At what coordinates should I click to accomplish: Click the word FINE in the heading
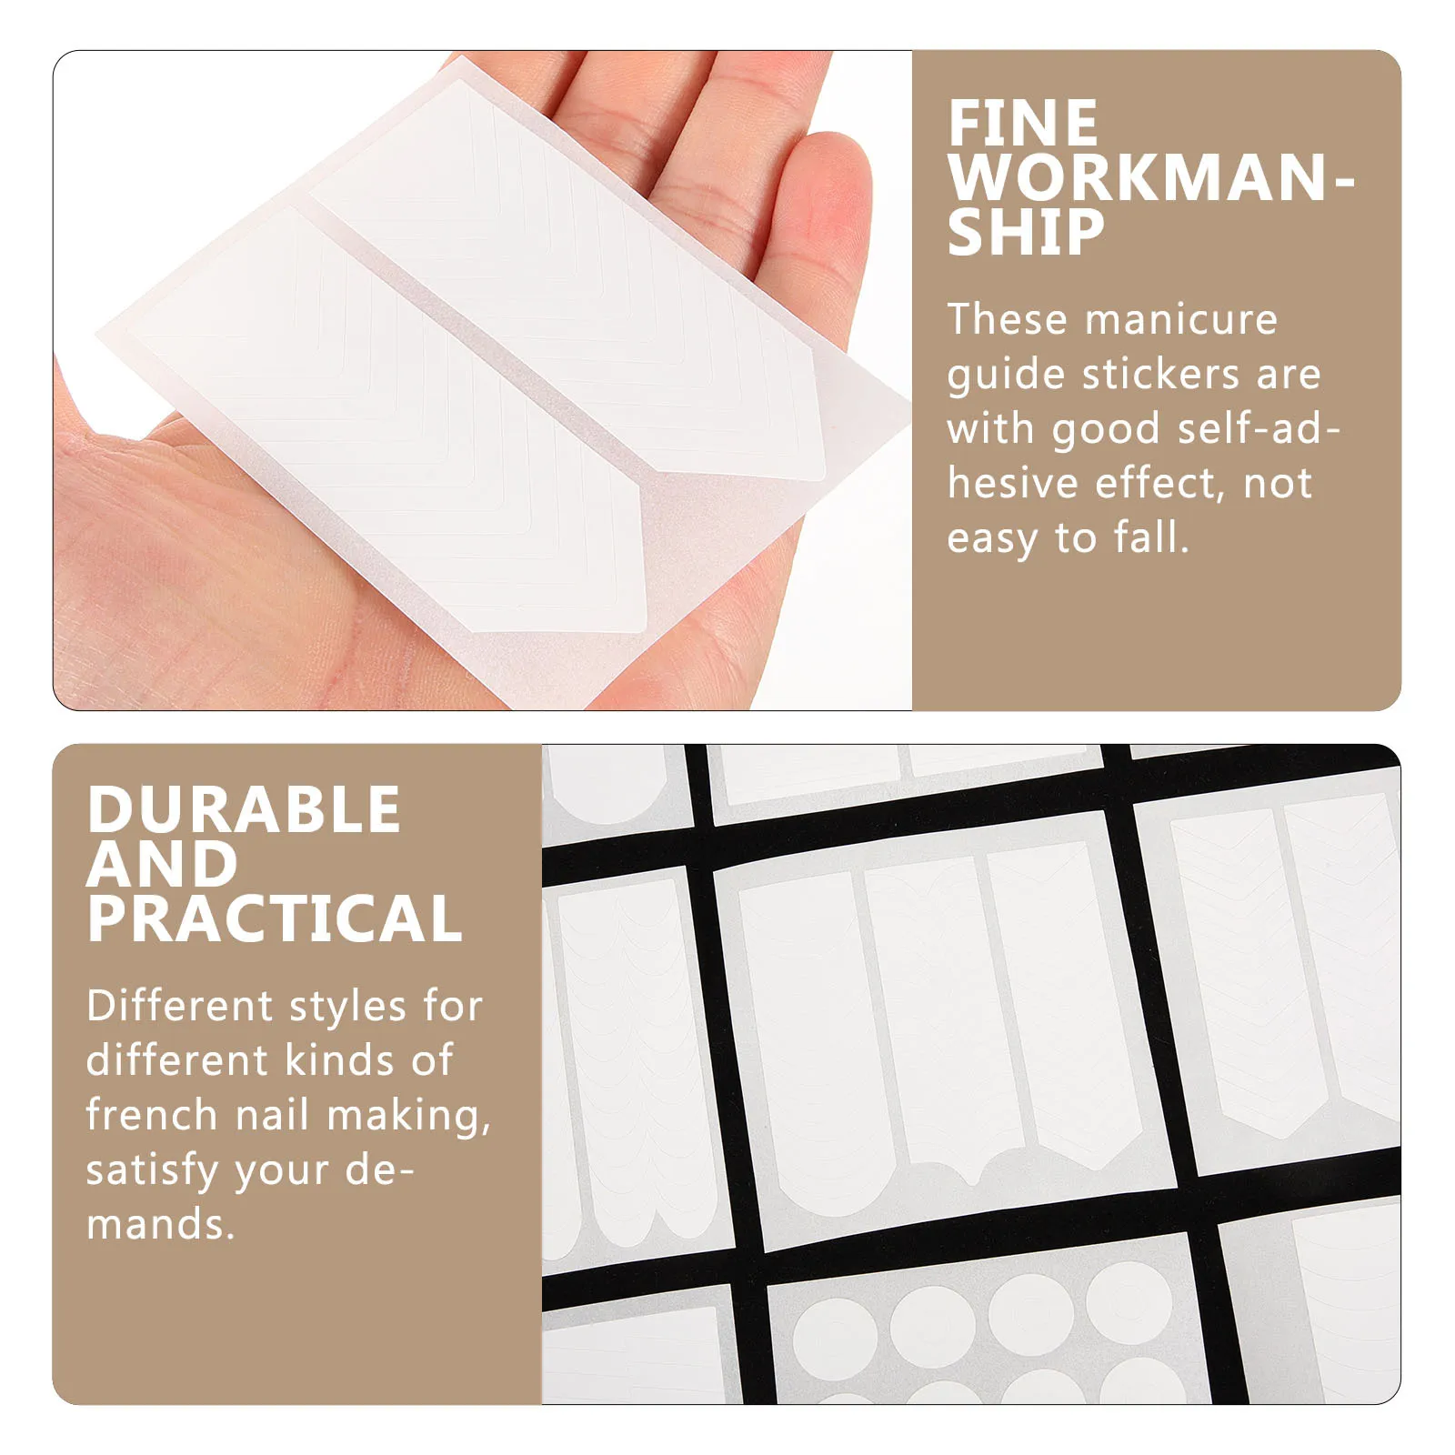[1022, 124]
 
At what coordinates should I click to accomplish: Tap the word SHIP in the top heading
[1025, 233]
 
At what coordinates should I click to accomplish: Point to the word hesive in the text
[1014, 484]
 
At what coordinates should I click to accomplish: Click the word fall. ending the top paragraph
[1151, 538]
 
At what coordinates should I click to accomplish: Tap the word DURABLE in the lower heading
[244, 809]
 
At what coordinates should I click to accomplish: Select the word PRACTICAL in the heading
[275, 918]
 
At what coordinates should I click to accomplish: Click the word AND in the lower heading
[162, 864]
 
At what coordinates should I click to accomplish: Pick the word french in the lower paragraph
[152, 1115]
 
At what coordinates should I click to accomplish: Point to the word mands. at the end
[160, 1225]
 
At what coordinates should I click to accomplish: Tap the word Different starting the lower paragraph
[179, 1006]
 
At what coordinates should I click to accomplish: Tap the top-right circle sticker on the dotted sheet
[1129, 1301]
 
